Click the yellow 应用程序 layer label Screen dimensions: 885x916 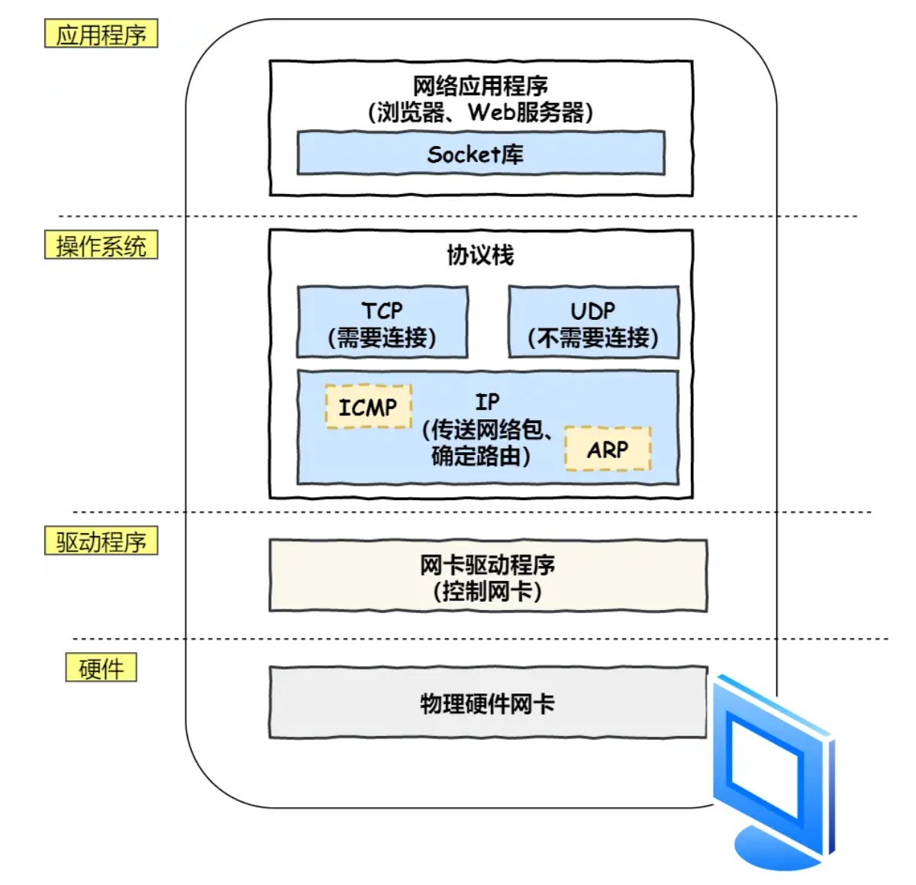pos(101,34)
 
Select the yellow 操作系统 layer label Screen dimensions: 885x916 pos(101,245)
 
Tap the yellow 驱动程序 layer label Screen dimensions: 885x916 pos(101,541)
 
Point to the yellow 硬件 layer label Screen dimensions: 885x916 pos(101,667)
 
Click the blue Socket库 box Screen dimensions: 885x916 pos(480,153)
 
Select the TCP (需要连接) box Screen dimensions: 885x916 pos(382,323)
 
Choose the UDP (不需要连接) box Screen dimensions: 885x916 pos(593,323)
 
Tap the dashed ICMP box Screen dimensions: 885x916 pos(368,407)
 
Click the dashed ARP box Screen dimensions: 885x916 pos(608,449)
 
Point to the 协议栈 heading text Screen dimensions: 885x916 pos(480,254)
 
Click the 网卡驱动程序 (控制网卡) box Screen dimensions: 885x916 pos(488,577)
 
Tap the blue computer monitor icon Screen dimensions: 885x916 pos(771,764)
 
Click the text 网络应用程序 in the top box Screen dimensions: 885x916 pos(480,86)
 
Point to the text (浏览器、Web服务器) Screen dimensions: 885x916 pos(480,112)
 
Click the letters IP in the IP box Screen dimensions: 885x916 pos(487,402)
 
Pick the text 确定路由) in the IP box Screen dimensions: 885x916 pos(480,456)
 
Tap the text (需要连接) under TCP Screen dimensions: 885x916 pos(382,337)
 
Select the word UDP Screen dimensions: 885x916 pos(593,310)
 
